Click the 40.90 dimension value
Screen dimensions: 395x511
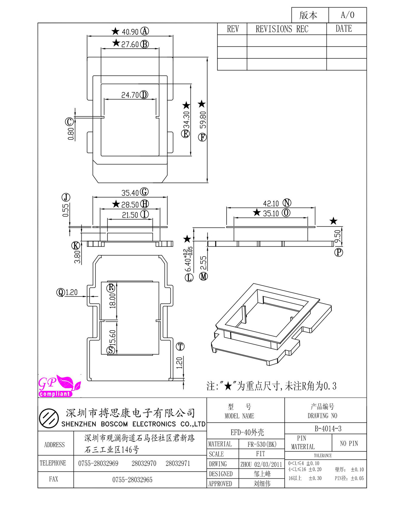(130, 32)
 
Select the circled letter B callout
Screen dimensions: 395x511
(145, 44)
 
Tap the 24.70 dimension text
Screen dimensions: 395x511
(130, 95)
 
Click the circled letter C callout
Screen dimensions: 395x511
(69, 122)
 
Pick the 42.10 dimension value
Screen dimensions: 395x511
(271, 203)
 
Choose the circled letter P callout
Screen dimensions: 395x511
(338, 252)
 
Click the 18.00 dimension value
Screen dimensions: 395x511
(112, 301)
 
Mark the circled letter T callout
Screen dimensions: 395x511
(180, 346)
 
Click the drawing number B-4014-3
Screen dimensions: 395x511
(328, 429)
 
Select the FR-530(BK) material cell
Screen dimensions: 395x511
(262, 444)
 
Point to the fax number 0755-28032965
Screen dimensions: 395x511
(132, 480)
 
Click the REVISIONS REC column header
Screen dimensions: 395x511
(282, 29)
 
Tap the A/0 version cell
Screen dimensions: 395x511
(348, 15)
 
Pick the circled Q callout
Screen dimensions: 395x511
(60, 292)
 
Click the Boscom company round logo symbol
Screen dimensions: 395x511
(49, 418)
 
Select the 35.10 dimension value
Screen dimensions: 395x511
(271, 214)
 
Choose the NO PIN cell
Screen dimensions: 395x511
(349, 444)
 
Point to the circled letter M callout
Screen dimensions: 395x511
(203, 276)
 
